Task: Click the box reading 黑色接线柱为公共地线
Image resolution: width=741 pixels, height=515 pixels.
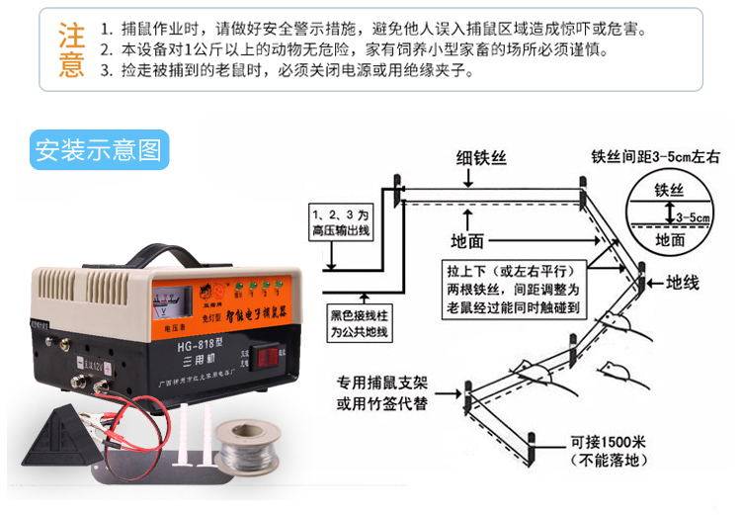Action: tap(360, 323)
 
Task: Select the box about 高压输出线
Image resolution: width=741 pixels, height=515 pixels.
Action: tap(338, 220)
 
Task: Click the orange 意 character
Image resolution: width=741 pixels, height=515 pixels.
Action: tap(71, 65)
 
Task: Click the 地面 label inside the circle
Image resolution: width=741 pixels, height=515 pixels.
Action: tap(671, 239)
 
